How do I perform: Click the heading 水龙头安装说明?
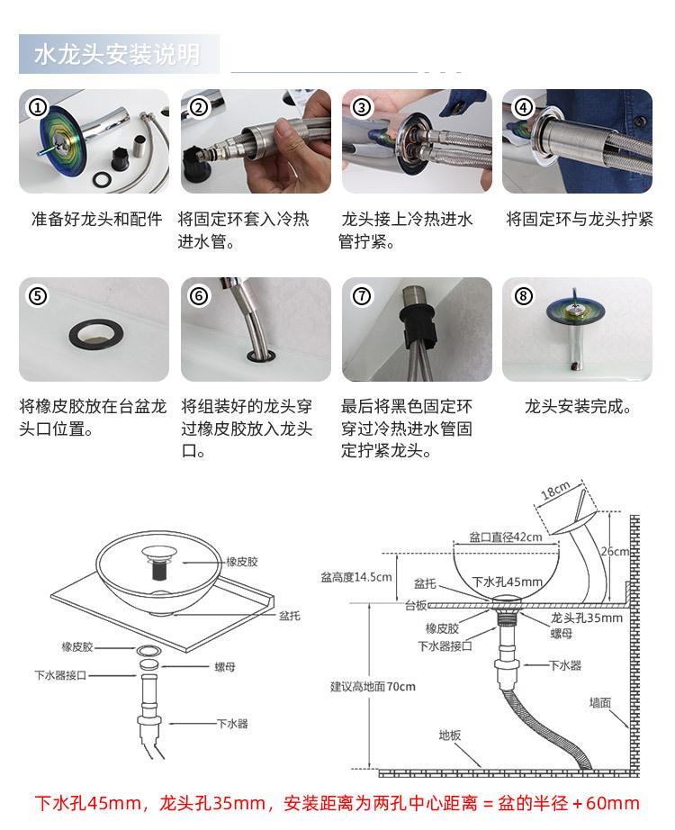point(117,55)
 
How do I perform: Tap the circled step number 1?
point(38,107)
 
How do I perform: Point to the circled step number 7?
point(362,296)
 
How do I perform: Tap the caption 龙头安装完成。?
point(579,407)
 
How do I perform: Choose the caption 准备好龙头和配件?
point(96,220)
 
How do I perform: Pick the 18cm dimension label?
point(555,492)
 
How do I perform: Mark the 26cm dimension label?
point(616,551)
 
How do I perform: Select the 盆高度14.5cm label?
point(356,576)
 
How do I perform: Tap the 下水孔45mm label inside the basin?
point(508,582)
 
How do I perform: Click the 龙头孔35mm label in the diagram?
point(586,618)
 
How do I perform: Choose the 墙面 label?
point(600,702)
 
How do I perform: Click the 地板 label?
point(450,735)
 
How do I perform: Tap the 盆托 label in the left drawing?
point(289,616)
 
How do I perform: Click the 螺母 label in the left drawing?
point(225,667)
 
